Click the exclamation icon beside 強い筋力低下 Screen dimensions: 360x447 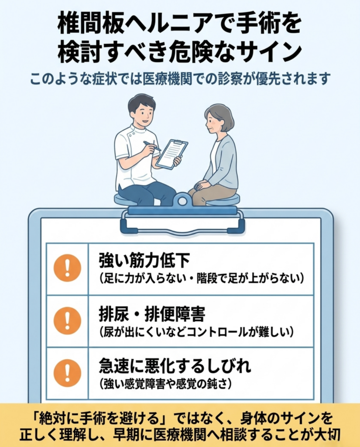[x=67, y=268]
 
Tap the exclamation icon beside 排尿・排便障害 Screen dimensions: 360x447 [x=67, y=321]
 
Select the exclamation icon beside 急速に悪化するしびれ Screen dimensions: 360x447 [x=67, y=373]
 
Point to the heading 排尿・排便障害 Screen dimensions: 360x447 [x=152, y=314]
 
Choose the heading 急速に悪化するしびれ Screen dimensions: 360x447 [x=175, y=366]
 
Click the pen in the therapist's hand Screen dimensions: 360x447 [x=152, y=146]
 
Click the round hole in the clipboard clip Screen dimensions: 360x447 [x=182, y=202]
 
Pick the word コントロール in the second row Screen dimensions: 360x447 [x=218, y=332]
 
